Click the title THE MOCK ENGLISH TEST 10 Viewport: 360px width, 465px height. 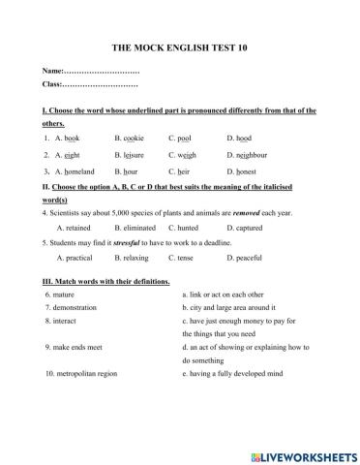179,46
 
